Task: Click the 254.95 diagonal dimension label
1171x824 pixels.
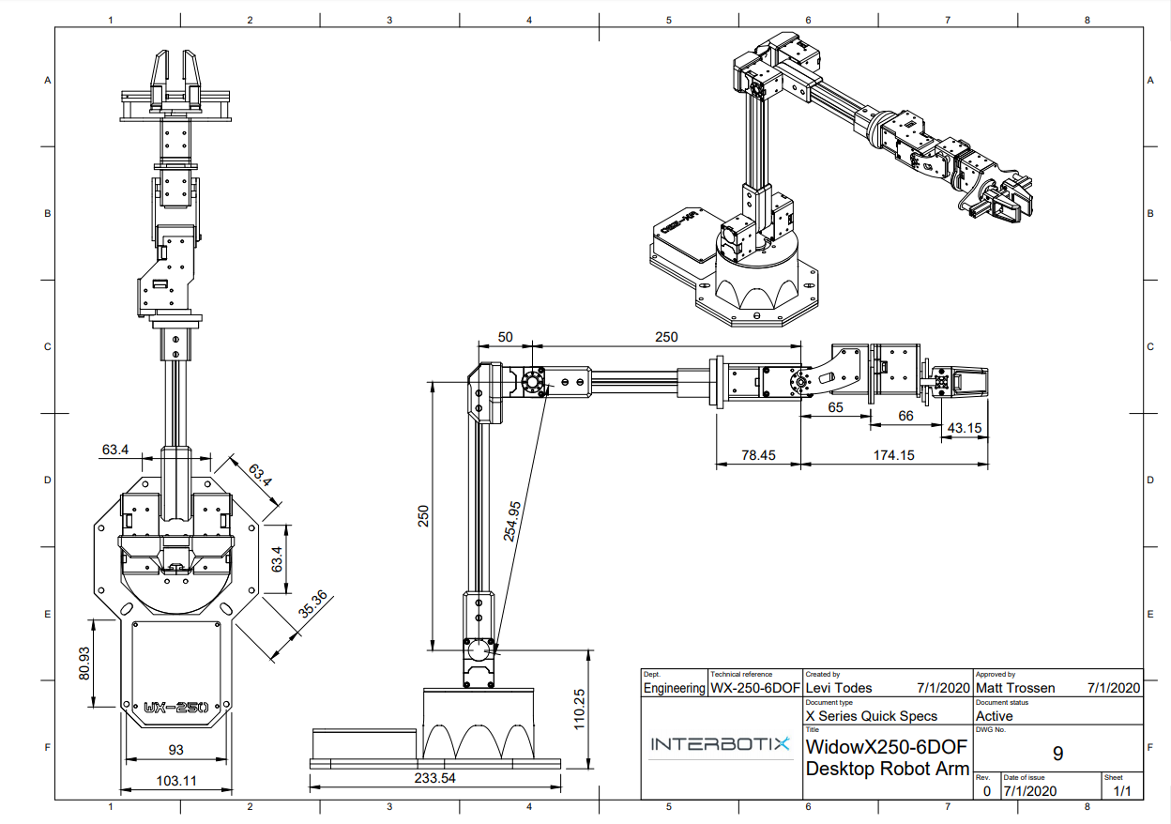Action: tap(511, 521)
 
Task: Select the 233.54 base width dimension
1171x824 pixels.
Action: tap(435, 778)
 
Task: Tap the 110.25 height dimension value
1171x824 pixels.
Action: tap(579, 710)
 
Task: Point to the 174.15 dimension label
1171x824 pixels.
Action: tap(894, 455)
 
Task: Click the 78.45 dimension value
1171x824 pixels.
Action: tap(758, 455)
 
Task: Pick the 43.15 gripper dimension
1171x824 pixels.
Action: tap(965, 428)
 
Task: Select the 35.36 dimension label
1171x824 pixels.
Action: tap(313, 603)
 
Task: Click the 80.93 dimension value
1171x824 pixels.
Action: tap(84, 664)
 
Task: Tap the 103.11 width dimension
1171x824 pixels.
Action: tap(176, 781)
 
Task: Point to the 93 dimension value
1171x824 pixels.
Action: tap(176, 750)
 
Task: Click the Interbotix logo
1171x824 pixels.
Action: tap(721, 743)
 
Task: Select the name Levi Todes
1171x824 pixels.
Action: tap(839, 688)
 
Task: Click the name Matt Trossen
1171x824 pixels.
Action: tap(1015, 688)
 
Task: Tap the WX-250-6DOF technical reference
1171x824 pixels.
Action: tap(755, 688)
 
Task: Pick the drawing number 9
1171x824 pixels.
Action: tap(1057, 754)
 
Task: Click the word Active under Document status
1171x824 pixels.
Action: tap(995, 716)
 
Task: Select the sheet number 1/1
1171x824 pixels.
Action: tap(1122, 791)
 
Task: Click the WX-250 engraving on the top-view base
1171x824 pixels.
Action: tap(176, 708)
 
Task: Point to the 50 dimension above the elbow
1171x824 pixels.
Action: tap(505, 337)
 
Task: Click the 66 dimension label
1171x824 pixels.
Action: tap(906, 416)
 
